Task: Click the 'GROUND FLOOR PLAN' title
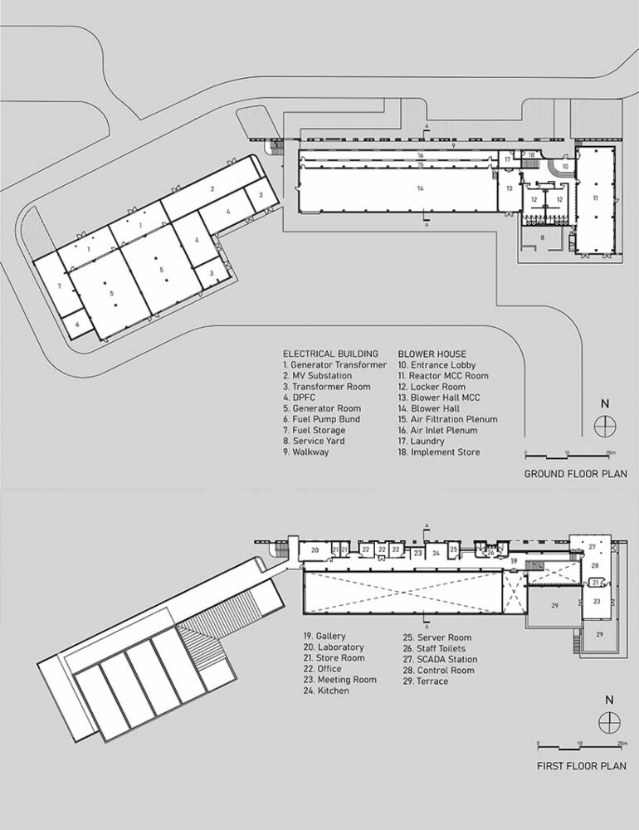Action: (575, 474)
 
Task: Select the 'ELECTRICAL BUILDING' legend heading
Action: (330, 354)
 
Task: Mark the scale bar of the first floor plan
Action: (578, 745)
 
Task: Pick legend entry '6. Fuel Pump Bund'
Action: (321, 419)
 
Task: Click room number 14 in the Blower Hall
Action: (421, 189)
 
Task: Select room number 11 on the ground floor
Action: (594, 198)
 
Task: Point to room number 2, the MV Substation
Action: (212, 189)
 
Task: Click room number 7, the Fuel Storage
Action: (59, 286)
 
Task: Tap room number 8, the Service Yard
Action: (543, 237)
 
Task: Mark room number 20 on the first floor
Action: (315, 550)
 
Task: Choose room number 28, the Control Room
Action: (595, 565)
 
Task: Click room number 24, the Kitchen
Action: (436, 552)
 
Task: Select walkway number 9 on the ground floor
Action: (454, 145)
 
